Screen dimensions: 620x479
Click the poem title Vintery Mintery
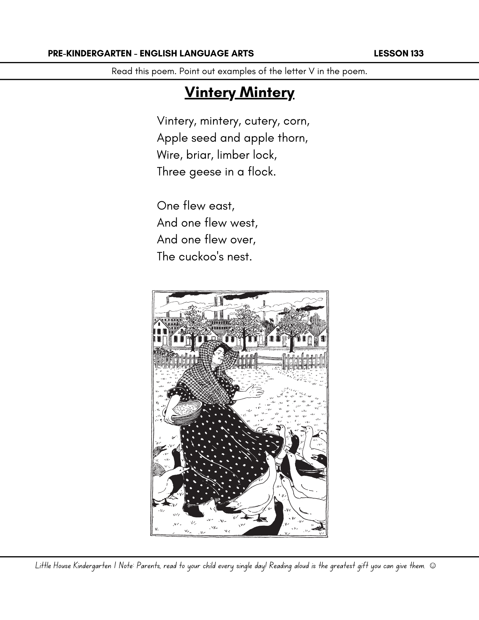239,92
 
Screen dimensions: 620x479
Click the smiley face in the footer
433,566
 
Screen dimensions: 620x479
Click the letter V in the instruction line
311,72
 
